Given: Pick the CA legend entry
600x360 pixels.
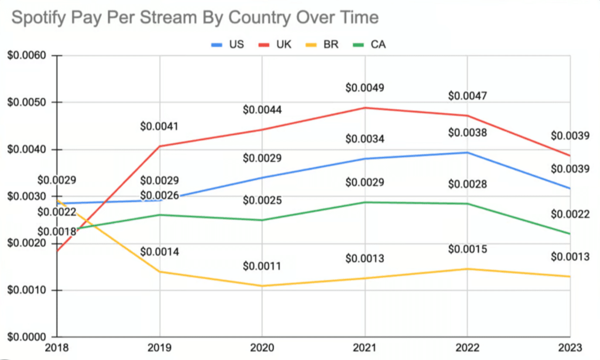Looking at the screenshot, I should pyautogui.click(x=378, y=45).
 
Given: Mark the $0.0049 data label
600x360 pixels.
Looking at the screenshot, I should pyautogui.click(x=364, y=88).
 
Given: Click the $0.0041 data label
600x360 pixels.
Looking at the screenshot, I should pyautogui.click(x=159, y=126).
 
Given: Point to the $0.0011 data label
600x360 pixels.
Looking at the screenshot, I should pyautogui.click(x=262, y=266).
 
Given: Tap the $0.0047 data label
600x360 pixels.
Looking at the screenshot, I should pyautogui.click(x=467, y=96).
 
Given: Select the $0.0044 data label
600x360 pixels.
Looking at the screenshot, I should pyautogui.click(x=262, y=110).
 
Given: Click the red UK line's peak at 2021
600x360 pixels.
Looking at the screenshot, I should pyautogui.click(x=365, y=108).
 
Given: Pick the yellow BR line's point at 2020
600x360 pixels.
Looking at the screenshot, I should pyautogui.click(x=262, y=286).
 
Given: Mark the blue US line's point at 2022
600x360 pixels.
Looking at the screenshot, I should pyautogui.click(x=468, y=152).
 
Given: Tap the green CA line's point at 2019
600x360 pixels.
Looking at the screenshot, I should pyautogui.click(x=160, y=215).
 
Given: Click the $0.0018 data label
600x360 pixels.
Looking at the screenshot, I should pyautogui.click(x=57, y=232).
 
